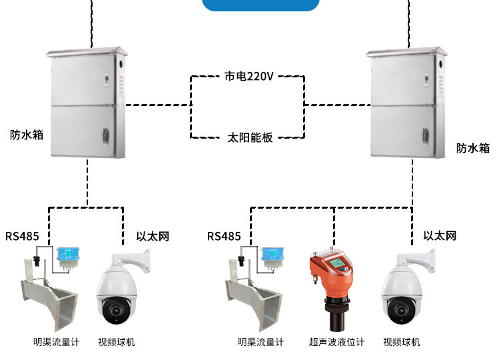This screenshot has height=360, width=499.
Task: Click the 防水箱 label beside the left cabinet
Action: point(27,134)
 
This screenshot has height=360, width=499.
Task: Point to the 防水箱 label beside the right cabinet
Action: point(472,148)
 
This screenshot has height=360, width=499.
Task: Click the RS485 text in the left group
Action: point(23,236)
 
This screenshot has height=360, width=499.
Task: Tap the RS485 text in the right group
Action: point(224,236)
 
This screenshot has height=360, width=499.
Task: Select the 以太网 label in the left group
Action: point(153,236)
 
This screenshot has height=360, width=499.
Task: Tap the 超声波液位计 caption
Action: point(337,342)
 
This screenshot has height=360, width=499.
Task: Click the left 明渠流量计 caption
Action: point(56,342)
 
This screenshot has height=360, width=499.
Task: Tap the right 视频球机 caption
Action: point(402,342)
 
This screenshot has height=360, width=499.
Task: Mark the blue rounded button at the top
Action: point(260,5)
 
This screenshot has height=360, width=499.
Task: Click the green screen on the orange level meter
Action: point(338,264)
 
